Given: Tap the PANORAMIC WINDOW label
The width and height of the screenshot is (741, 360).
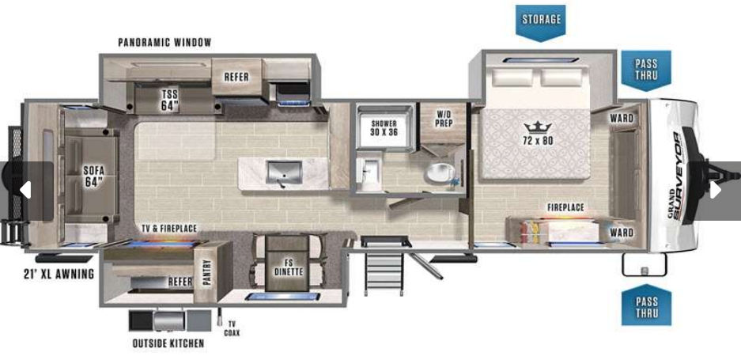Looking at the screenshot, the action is (x=164, y=43).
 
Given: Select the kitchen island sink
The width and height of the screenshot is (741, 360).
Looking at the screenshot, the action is (x=284, y=172).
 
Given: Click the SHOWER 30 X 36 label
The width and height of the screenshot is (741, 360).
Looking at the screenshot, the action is (x=384, y=127).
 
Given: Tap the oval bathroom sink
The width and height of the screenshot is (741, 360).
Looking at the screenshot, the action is (x=440, y=173).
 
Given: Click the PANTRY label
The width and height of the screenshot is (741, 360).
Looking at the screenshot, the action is (x=206, y=272).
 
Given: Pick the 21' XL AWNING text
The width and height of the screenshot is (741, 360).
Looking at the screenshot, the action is (x=59, y=274).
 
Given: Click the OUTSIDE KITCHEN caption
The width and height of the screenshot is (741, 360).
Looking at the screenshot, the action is (x=168, y=343).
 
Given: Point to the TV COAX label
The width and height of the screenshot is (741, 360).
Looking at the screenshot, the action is (x=232, y=328).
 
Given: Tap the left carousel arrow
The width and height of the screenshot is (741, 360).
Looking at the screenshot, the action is (x=25, y=190).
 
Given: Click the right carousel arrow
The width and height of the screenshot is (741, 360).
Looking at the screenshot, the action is (x=715, y=190).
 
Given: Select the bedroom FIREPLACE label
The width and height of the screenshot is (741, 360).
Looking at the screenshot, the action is (x=565, y=207).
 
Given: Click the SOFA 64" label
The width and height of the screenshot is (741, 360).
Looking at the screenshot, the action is (x=93, y=176).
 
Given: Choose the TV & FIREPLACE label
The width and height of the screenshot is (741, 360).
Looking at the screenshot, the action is (x=169, y=229).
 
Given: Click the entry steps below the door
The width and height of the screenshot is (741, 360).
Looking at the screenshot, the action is (x=384, y=274).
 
